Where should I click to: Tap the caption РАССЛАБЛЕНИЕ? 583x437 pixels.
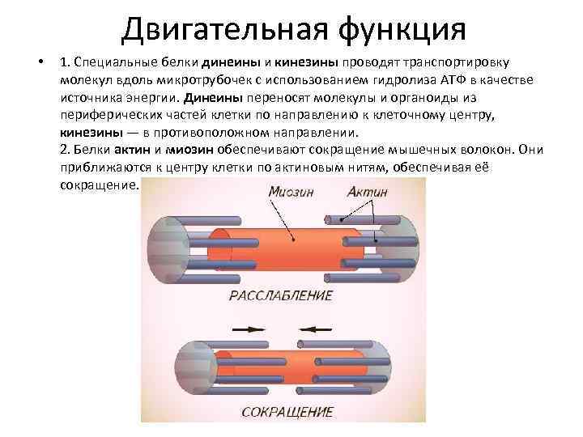[x=281, y=295]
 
